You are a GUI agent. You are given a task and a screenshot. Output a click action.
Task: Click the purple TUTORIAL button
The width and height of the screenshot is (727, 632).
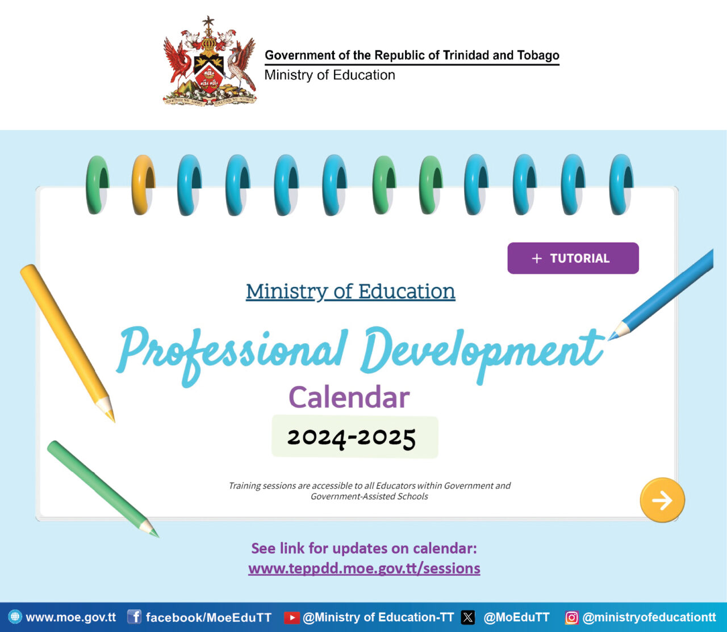[x=573, y=258]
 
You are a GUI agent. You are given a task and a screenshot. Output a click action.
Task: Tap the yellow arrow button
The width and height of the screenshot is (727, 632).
[x=662, y=500]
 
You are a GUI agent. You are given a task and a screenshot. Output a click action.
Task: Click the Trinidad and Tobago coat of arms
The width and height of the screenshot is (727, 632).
[x=210, y=62]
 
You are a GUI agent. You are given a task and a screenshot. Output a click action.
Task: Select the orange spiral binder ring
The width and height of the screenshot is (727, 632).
[x=143, y=185]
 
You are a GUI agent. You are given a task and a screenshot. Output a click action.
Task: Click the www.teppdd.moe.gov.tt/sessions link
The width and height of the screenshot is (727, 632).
[x=364, y=568]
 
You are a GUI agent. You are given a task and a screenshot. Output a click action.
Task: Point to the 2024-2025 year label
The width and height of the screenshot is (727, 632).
[x=352, y=437]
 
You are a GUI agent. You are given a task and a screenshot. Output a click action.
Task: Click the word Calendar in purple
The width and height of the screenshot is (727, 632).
[x=349, y=397]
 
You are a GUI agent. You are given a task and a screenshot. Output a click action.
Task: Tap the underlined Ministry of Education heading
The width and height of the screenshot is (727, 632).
[x=350, y=292]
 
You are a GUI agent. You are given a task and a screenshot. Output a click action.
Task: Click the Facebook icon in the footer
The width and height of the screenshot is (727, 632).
[x=134, y=617]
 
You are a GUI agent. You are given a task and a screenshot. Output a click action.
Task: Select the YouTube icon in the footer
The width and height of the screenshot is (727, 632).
[x=291, y=617]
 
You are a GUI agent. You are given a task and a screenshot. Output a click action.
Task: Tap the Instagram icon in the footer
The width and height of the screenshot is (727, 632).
[x=572, y=617]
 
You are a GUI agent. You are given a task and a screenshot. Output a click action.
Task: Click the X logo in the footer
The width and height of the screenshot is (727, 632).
[x=468, y=617]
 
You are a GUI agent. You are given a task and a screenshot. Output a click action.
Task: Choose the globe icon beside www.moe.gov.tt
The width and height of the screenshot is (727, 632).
[x=15, y=617]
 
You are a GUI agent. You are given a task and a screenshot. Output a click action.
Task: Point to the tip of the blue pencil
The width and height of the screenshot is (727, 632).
[x=611, y=338]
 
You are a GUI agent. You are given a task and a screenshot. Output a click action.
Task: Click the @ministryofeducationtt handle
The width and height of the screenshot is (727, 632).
[x=649, y=617]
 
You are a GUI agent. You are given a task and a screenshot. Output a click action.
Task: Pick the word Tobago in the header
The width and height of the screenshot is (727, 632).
[x=538, y=55]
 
